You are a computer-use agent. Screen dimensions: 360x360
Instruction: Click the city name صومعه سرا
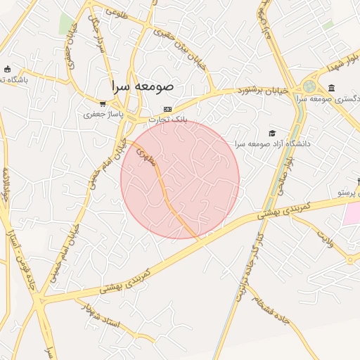(141, 86)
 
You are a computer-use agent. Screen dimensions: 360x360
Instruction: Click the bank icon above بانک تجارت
(167, 109)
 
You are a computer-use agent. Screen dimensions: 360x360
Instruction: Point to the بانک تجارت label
(172, 120)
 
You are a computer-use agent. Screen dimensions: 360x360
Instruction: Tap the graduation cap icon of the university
(273, 133)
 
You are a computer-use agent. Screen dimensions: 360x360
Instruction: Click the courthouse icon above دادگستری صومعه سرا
(331, 87)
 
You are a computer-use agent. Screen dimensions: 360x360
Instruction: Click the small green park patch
(67, 23)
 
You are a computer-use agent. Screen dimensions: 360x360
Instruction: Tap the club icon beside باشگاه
(8, 69)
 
